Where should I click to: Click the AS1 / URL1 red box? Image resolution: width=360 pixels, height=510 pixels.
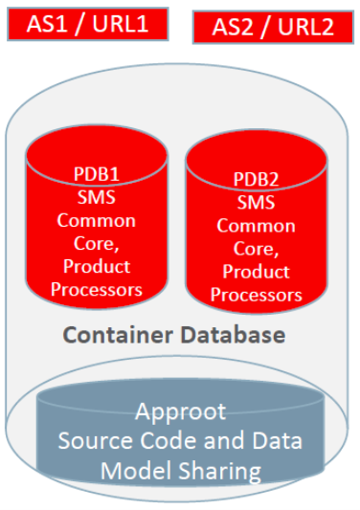(x=87, y=23)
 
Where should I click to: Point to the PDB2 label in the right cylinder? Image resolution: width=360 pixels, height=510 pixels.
(x=256, y=180)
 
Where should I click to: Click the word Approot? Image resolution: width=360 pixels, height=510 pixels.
(x=181, y=412)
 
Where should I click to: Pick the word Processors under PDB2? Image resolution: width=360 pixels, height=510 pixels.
(x=256, y=295)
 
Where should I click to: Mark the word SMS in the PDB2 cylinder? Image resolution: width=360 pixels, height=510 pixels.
(x=256, y=203)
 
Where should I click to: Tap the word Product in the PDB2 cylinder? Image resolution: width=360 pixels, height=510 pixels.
(x=256, y=272)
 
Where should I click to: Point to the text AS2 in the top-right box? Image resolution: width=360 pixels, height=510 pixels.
(x=228, y=27)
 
